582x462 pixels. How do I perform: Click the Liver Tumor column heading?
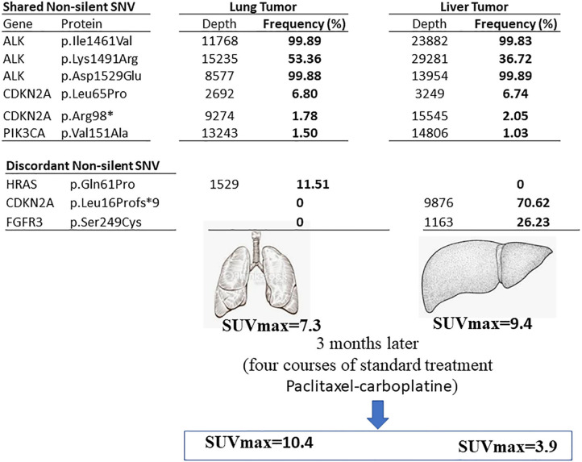coord(476,8)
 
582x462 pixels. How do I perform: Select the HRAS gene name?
coord(19,185)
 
